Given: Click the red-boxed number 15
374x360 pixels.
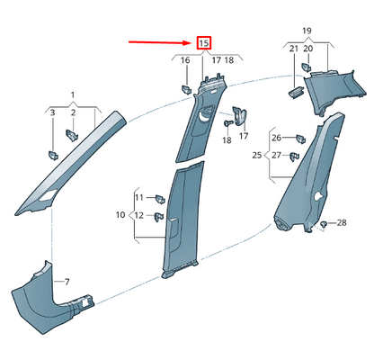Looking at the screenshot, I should click(x=203, y=42).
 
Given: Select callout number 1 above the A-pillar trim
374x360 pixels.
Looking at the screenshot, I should click(x=74, y=94).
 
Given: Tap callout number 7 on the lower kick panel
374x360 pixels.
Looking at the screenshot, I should click(x=65, y=282).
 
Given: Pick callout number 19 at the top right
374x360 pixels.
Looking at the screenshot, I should click(x=307, y=31).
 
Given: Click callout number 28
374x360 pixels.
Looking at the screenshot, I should click(x=341, y=221).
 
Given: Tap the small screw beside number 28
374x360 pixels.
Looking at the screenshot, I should click(x=324, y=222).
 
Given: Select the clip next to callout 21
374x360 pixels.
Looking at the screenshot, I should click(x=296, y=91).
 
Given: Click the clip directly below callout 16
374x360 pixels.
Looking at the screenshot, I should click(x=185, y=87).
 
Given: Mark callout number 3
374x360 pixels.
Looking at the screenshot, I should click(x=52, y=112).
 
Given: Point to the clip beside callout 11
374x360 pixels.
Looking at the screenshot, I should click(x=158, y=196).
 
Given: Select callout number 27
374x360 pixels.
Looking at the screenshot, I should click(x=278, y=156).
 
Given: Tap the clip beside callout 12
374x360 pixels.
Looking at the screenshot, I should click(x=158, y=216).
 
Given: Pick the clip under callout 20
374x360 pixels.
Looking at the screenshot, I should click(x=308, y=67).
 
